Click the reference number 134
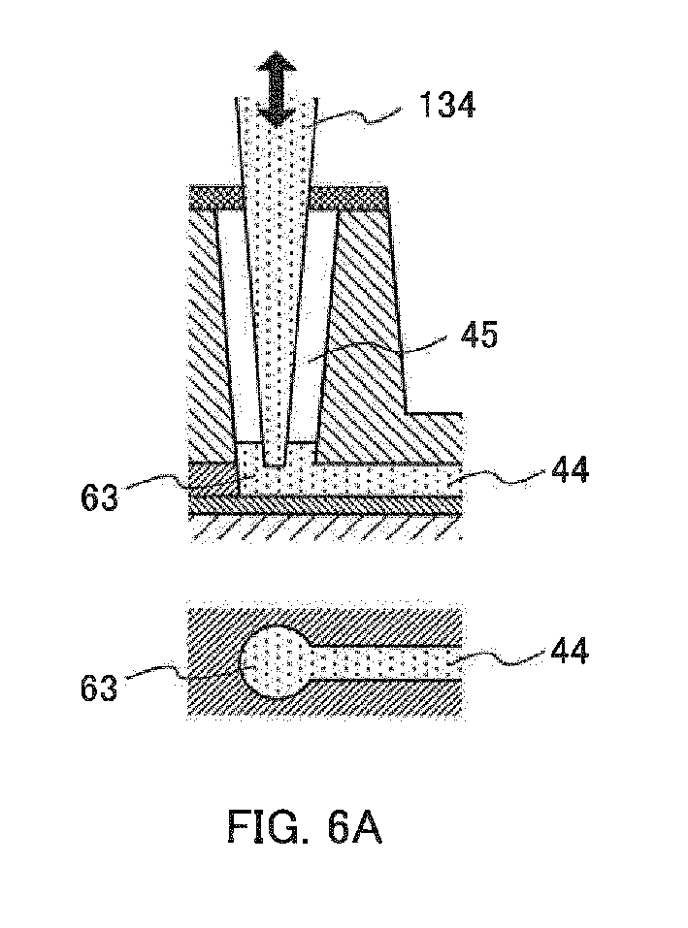(447, 106)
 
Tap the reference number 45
(479, 335)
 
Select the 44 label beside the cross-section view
(570, 471)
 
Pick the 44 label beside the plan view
(570, 651)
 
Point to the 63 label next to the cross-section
(100, 497)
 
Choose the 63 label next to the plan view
(100, 688)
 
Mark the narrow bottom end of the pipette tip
(274, 465)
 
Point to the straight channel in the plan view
(385, 662)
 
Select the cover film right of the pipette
(349, 198)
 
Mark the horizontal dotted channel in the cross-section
(349, 479)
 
